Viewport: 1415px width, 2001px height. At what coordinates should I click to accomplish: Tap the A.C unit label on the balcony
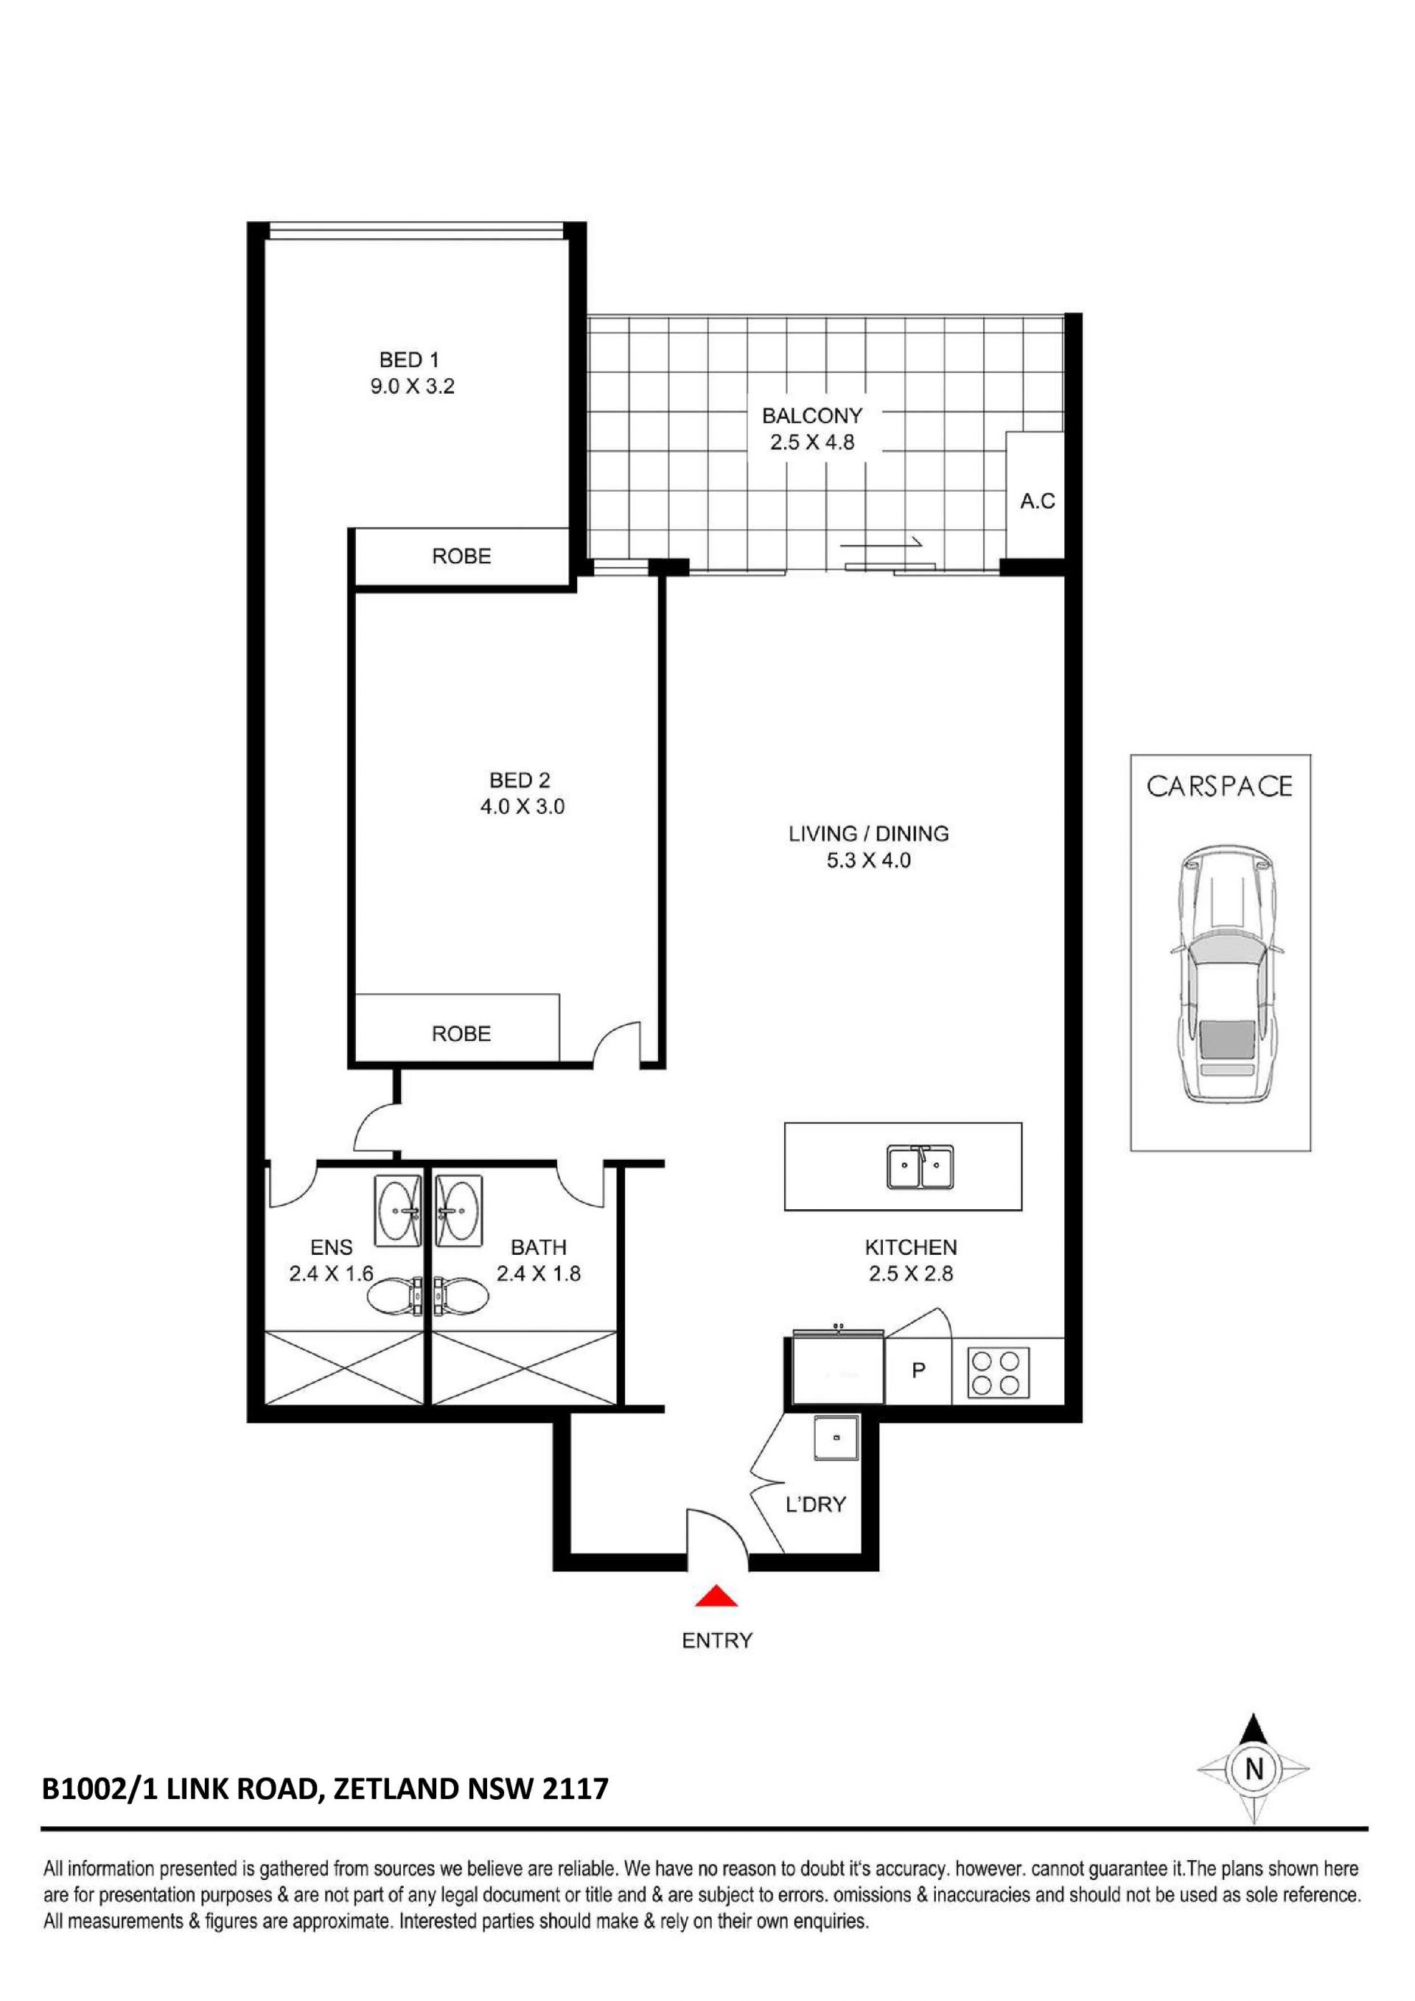pyautogui.click(x=1038, y=501)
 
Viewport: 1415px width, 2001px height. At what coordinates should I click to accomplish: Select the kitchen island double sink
pyautogui.click(x=920, y=1167)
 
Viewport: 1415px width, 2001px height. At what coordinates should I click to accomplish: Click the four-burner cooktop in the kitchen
pyautogui.click(x=995, y=1373)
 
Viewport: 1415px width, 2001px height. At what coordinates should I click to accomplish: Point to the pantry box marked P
pyautogui.click(x=918, y=1371)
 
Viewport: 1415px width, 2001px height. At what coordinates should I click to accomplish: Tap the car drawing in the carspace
pyautogui.click(x=1228, y=972)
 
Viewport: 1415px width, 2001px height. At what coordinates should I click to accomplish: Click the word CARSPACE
pyautogui.click(x=1219, y=786)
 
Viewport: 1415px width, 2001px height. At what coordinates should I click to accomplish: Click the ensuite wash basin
pyautogui.click(x=398, y=1211)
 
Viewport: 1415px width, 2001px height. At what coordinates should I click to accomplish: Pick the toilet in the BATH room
pyautogui.click(x=462, y=1295)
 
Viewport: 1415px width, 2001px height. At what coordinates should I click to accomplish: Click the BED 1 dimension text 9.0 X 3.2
pyautogui.click(x=412, y=386)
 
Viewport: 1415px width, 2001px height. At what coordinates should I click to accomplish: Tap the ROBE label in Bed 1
pyautogui.click(x=462, y=556)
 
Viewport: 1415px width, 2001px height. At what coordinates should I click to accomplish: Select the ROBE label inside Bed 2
pyautogui.click(x=462, y=1034)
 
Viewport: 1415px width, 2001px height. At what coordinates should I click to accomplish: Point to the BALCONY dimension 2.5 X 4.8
pyautogui.click(x=812, y=442)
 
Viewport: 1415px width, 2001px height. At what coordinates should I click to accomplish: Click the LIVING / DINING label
pyautogui.click(x=869, y=833)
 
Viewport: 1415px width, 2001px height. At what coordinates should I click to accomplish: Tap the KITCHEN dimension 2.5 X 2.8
pyautogui.click(x=912, y=1273)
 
